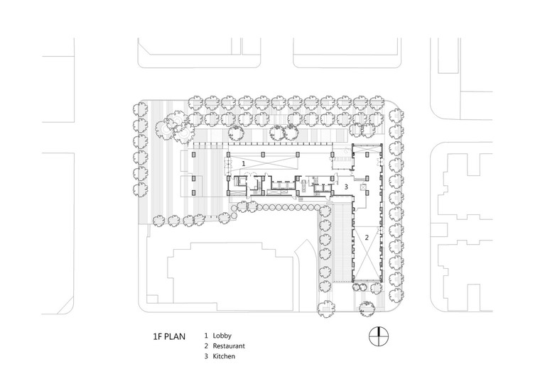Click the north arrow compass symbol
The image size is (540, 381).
(x=378, y=336)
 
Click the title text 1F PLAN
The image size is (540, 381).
(x=169, y=336)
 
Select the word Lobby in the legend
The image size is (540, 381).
(x=222, y=336)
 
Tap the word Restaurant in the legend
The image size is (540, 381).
(x=229, y=346)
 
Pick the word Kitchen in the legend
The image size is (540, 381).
(x=224, y=356)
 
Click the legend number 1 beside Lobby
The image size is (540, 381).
(x=206, y=336)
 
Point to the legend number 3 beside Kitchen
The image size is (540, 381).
(x=206, y=356)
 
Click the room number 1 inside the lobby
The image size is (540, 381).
(x=244, y=164)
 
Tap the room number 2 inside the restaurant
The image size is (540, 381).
(x=367, y=237)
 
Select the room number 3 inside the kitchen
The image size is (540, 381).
(x=347, y=187)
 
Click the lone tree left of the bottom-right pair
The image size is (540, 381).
(x=326, y=308)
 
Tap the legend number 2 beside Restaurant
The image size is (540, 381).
(x=206, y=346)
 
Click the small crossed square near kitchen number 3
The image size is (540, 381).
(x=362, y=187)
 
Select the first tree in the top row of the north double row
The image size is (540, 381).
(x=195, y=102)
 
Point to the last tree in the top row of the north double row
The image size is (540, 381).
(x=377, y=102)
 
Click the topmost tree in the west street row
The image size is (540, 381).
(x=140, y=110)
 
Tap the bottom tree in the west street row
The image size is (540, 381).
(x=140, y=189)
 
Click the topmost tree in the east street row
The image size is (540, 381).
(x=396, y=116)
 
